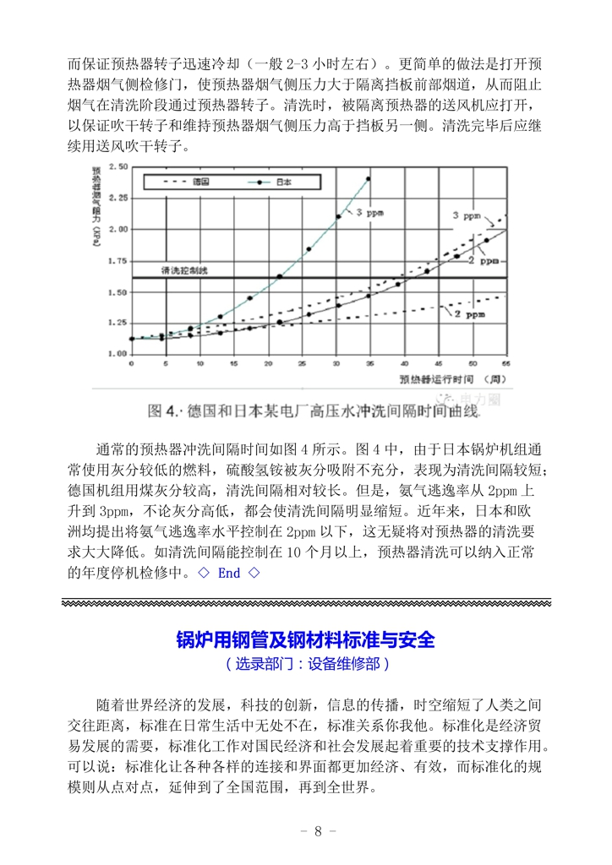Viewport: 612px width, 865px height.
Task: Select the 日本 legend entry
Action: tap(285, 181)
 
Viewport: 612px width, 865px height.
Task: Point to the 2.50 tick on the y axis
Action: tap(117, 167)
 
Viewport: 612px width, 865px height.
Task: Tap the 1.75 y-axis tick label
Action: tap(117, 260)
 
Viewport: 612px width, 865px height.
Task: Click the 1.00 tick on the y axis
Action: tap(117, 353)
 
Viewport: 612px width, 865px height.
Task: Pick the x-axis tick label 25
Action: tap(303, 363)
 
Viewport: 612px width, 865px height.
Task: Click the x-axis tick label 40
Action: tap(404, 363)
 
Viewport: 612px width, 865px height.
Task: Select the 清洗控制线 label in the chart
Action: tap(184, 269)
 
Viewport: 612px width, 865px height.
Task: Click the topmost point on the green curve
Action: tap(368, 178)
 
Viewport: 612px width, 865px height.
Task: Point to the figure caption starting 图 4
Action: tap(313, 411)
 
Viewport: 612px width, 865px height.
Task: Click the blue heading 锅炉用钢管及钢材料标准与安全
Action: tap(305, 638)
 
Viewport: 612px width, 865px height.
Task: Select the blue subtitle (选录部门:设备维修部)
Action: tap(306, 664)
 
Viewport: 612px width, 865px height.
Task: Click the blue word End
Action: tap(229, 573)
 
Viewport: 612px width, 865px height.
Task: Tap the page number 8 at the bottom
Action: tap(317, 830)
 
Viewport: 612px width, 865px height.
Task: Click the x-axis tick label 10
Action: tap(199, 363)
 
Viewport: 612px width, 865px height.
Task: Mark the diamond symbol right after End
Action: tap(254, 573)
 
